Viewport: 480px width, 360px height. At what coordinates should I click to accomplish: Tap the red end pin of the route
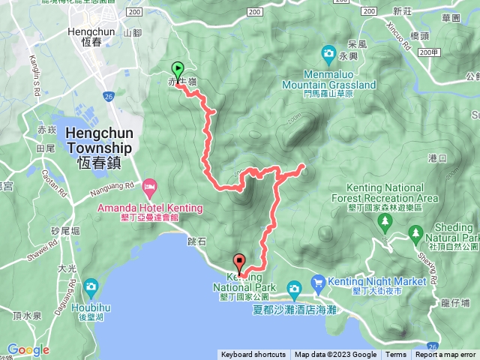pyautogui.click(x=240, y=263)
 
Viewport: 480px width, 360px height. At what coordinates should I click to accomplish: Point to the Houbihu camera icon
pyautogui.click(x=91, y=286)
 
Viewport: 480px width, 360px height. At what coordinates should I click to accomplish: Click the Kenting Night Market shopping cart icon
pyautogui.click(x=319, y=282)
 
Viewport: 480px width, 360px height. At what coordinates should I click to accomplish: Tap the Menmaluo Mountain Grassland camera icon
pyautogui.click(x=329, y=52)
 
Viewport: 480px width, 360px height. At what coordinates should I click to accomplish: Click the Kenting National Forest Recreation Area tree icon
pyautogui.click(x=385, y=221)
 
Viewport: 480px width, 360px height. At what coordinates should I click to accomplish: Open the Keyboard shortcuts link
pyautogui.click(x=253, y=355)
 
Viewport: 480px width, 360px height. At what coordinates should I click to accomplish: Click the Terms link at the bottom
pyautogui.click(x=396, y=355)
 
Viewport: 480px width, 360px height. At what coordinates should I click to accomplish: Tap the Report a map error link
pyautogui.click(x=445, y=355)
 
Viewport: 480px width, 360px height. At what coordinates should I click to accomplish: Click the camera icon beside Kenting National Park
pyautogui.click(x=295, y=287)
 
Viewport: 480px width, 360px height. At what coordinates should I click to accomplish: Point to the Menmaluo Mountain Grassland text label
pyautogui.click(x=340, y=79)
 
